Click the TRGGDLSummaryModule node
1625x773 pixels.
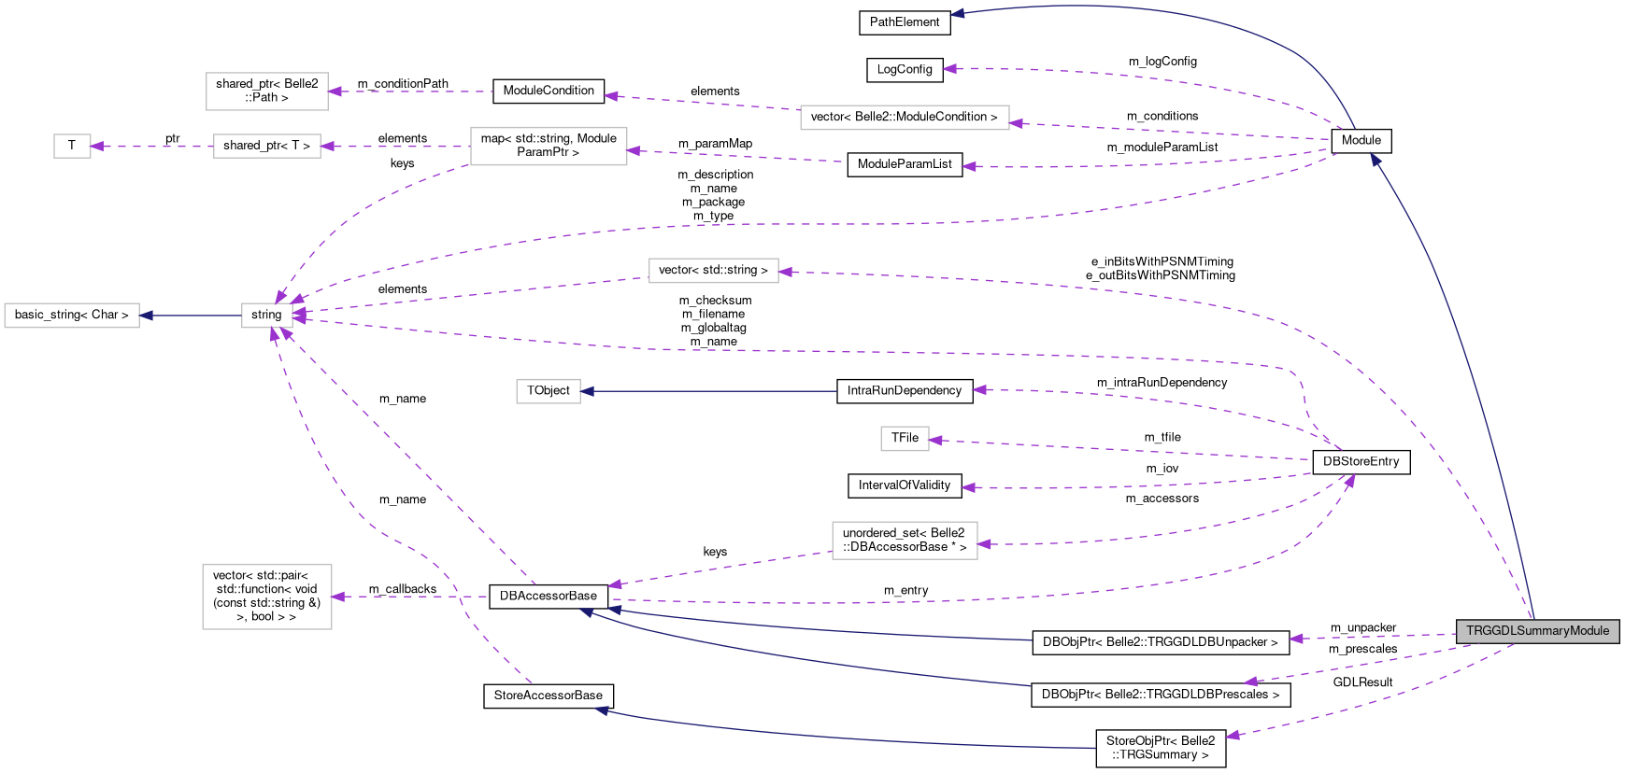[x=1537, y=631]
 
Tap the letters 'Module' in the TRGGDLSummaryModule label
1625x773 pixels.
[x=1589, y=631]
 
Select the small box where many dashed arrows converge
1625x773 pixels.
[x=267, y=316]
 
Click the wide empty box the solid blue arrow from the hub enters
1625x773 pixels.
[x=72, y=316]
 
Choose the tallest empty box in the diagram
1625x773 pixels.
[x=267, y=597]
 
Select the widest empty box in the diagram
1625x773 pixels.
[x=905, y=118]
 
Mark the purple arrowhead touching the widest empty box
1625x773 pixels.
[x=1016, y=123]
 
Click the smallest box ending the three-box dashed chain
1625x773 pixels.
[x=72, y=147]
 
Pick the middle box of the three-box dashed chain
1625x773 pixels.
[x=267, y=147]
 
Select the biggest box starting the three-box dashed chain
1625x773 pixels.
[x=549, y=147]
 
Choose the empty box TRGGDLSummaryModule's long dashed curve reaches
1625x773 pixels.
[x=713, y=271]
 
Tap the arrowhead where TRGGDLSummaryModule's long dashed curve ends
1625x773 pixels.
[x=785, y=272]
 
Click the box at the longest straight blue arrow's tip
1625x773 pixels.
[x=549, y=391]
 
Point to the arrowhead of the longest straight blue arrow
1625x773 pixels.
[x=587, y=391]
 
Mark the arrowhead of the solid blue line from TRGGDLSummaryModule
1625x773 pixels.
[x=1375, y=160]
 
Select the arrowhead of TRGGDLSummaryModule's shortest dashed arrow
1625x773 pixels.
[x=1295, y=639]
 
